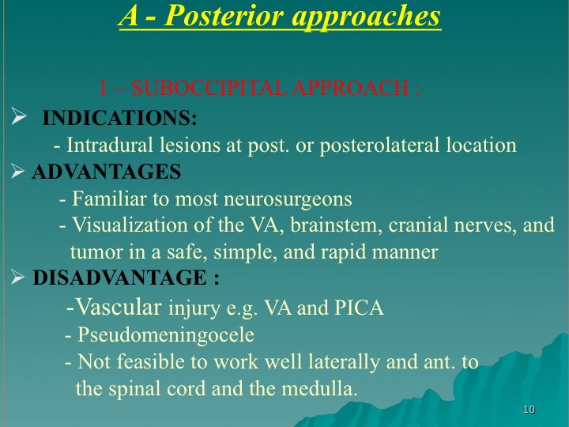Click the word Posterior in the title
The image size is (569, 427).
[224, 16]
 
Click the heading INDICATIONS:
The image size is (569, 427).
[119, 118]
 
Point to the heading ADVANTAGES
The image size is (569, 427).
[107, 172]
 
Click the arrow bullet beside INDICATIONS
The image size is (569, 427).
[19, 115]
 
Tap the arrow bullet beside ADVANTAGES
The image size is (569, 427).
[17, 171]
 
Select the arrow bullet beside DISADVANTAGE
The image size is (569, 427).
[17, 277]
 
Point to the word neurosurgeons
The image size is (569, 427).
[288, 199]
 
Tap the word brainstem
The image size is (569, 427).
[336, 225]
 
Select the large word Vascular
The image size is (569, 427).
[119, 307]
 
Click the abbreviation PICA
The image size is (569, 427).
[359, 308]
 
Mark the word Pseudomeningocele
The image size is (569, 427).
[166, 334]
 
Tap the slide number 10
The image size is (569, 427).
[529, 410]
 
